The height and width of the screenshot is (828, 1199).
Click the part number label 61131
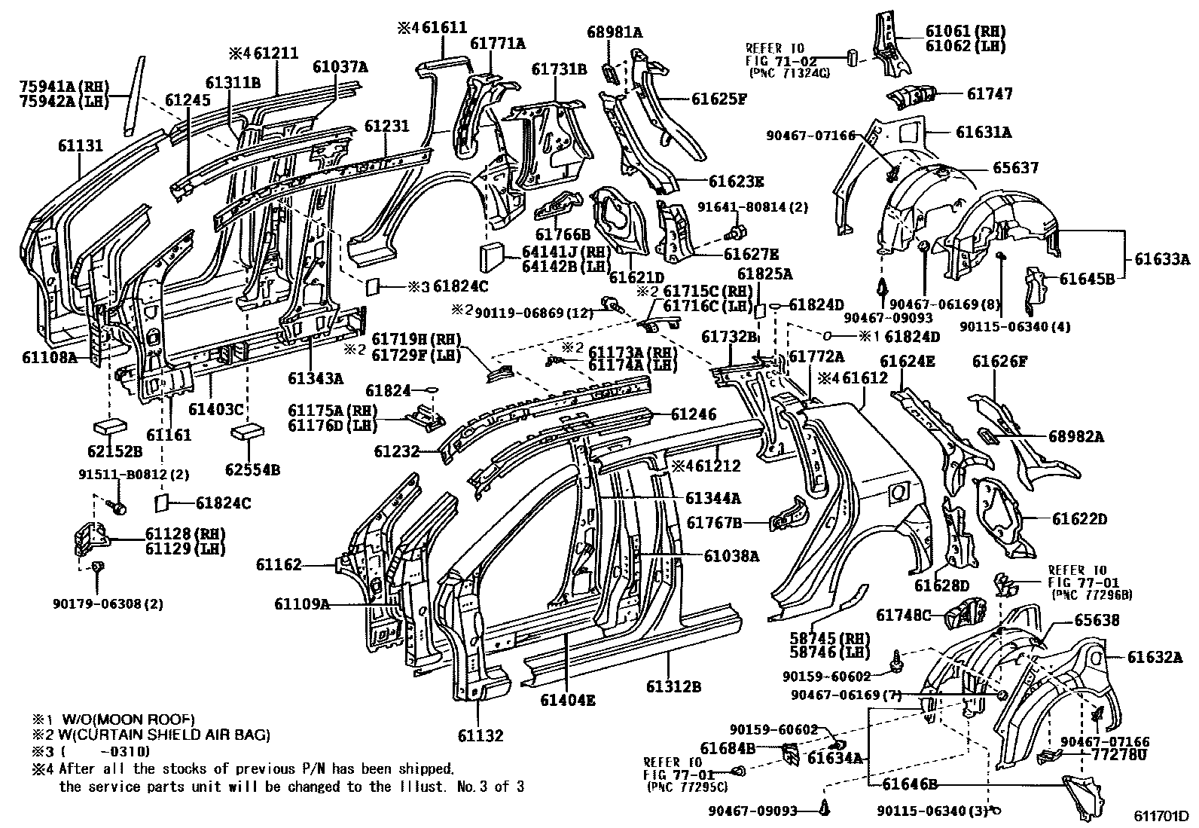(81, 145)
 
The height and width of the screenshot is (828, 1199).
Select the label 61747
(990, 93)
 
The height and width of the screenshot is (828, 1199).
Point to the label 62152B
(115, 451)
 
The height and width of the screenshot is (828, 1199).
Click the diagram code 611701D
(1162, 816)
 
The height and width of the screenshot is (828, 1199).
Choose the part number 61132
(481, 735)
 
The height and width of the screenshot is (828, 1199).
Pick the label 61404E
(568, 700)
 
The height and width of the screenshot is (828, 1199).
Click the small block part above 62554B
(247, 432)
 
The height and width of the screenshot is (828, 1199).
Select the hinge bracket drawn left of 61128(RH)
(91, 540)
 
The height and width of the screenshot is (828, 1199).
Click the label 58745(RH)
(830, 638)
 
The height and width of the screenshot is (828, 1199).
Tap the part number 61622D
(1080, 519)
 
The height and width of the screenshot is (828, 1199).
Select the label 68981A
(615, 32)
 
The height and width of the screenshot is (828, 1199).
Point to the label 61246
(694, 414)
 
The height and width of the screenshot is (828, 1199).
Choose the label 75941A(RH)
(65, 86)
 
